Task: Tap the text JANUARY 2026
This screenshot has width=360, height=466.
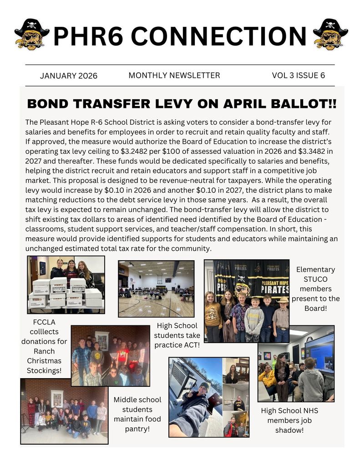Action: (68, 76)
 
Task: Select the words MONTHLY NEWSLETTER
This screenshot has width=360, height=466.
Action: (174, 76)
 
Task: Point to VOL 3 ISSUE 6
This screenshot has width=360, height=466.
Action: (299, 76)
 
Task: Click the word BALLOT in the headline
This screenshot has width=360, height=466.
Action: (298, 104)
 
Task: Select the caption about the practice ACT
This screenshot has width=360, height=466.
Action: (177, 335)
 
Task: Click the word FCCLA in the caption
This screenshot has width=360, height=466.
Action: (44, 322)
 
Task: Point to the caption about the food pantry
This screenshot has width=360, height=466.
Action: (137, 414)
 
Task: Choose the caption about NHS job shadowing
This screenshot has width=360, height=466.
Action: (289, 420)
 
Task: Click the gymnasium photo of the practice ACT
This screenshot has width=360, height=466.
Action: (156, 288)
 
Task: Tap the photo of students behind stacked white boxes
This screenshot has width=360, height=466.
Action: (66, 284)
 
